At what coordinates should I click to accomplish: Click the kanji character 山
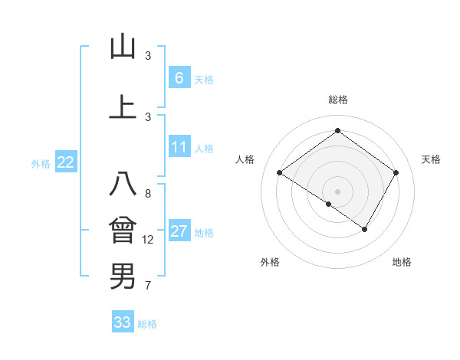pyautogui.click(x=123, y=47)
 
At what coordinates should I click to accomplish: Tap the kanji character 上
pyautogui.click(x=123, y=107)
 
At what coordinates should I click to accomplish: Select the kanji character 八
pyautogui.click(x=123, y=185)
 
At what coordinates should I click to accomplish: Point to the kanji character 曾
pyautogui.click(x=123, y=231)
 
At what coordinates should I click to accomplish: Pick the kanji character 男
pyautogui.click(x=123, y=276)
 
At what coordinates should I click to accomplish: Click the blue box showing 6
pyautogui.click(x=179, y=77)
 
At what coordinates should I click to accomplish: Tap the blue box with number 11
pyautogui.click(x=179, y=147)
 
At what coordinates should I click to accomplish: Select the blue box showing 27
pyautogui.click(x=179, y=231)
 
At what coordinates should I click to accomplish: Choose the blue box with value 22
pyautogui.click(x=66, y=162)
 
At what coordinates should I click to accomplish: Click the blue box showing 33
pyautogui.click(x=123, y=322)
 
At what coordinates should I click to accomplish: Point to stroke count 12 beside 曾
pyautogui.click(x=148, y=240)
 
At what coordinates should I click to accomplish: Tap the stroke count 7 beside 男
pyautogui.click(x=148, y=286)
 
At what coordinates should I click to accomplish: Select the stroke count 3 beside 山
pyautogui.click(x=148, y=56)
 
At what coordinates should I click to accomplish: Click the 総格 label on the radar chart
pyautogui.click(x=337, y=100)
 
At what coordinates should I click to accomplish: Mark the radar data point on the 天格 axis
pyautogui.click(x=396, y=173)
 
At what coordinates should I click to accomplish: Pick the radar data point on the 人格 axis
pyautogui.click(x=280, y=173)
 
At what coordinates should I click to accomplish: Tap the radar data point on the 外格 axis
pyautogui.click(x=328, y=204)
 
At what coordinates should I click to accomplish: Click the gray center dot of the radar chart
pyautogui.click(x=337, y=191)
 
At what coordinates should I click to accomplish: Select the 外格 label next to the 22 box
pyautogui.click(x=41, y=163)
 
